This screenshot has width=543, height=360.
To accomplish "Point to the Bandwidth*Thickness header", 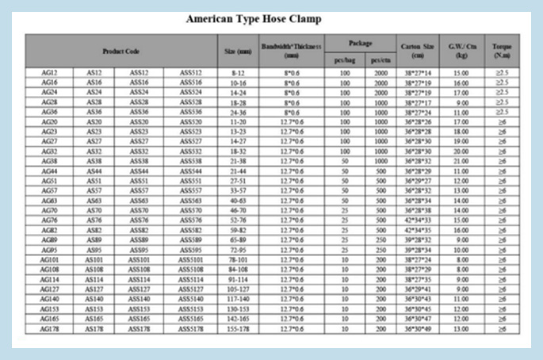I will (291, 51).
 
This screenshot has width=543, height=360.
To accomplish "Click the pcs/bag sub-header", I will (344, 59).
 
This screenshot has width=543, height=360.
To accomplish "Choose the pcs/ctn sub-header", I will (380, 59).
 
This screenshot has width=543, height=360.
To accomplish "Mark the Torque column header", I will (501, 51).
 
